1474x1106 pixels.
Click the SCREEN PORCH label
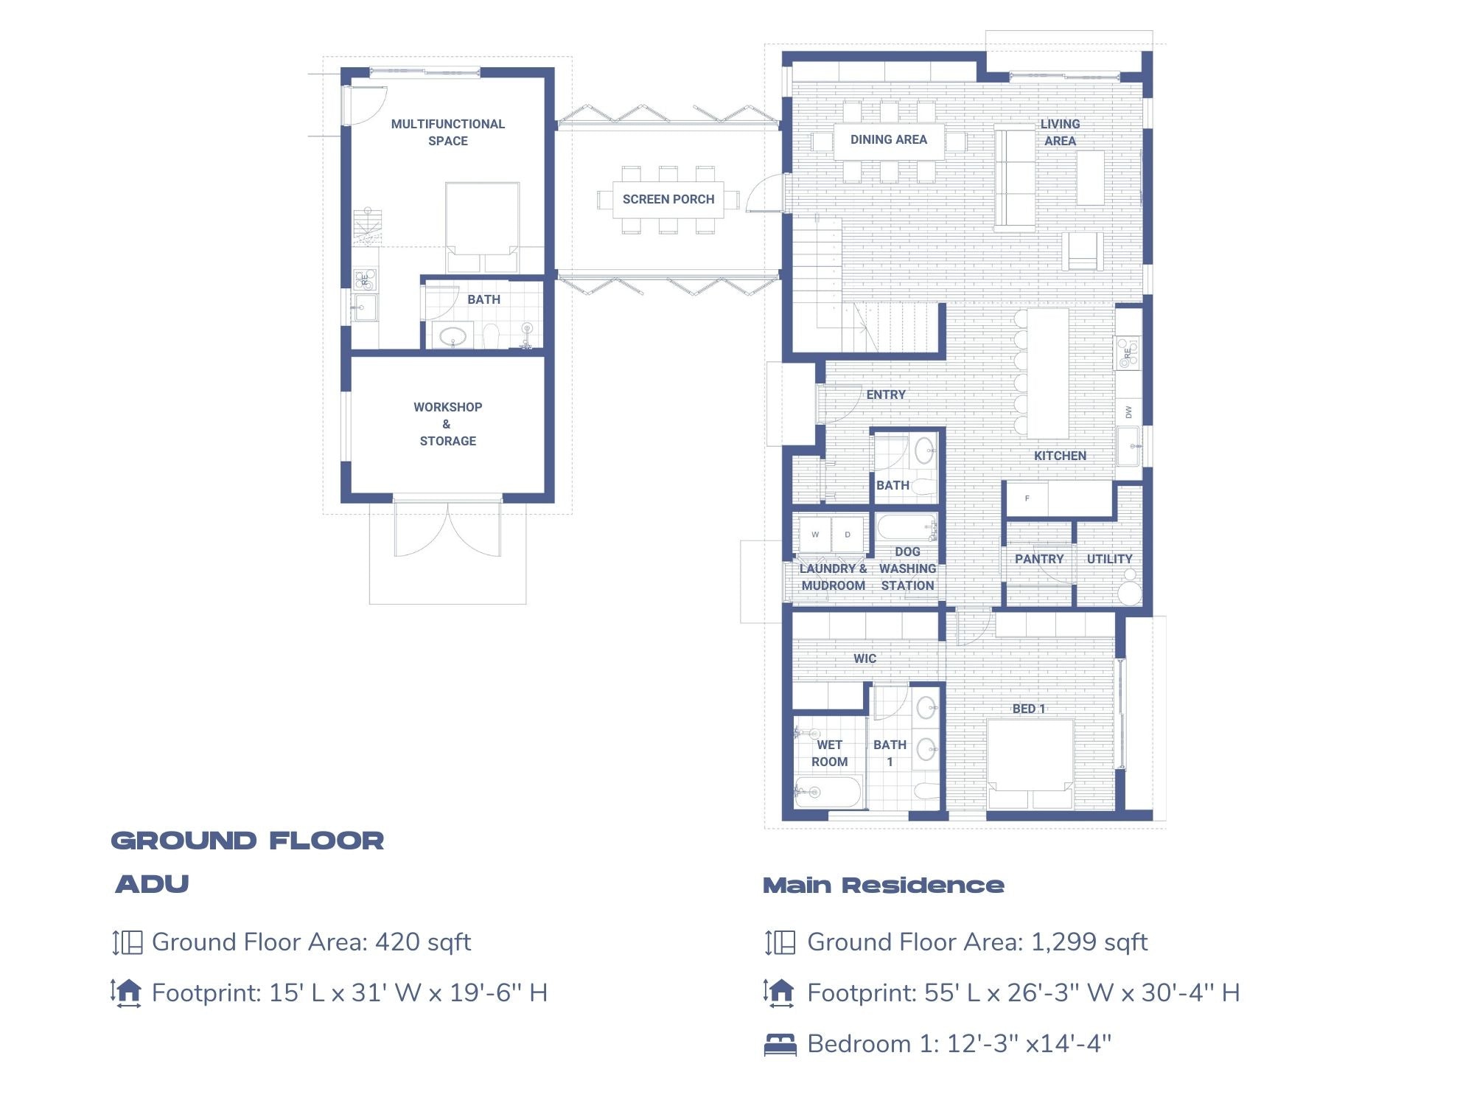[x=668, y=199]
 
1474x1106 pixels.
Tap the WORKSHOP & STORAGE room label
[x=447, y=424]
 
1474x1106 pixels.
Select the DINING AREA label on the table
[x=888, y=139]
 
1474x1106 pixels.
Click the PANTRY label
[x=1039, y=559]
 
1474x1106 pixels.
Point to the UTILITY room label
[x=1109, y=559]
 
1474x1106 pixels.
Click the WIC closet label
[x=865, y=658]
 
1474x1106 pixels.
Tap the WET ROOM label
[x=829, y=753]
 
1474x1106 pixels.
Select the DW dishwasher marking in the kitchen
[x=1128, y=412]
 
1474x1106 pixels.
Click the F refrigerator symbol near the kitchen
[x=1027, y=498]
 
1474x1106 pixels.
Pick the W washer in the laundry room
[x=815, y=535]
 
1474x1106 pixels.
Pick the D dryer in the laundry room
[x=848, y=535]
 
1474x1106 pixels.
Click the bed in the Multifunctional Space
[x=482, y=225]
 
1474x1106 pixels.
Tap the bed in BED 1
[x=1030, y=763]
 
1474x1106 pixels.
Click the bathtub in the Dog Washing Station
[x=906, y=528]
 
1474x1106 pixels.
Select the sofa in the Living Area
[x=1015, y=178]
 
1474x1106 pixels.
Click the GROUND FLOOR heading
[x=248, y=841]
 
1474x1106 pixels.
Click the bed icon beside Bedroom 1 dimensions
[x=780, y=1044]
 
